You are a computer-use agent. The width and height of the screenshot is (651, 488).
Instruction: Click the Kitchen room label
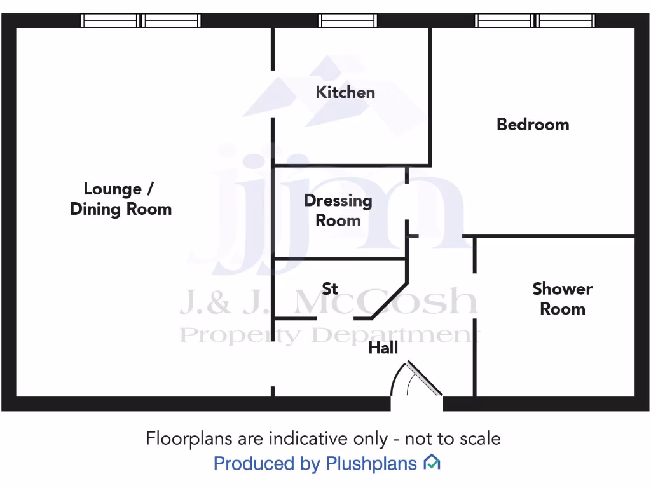[x=345, y=92]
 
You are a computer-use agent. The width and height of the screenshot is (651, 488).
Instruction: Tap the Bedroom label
[x=533, y=124]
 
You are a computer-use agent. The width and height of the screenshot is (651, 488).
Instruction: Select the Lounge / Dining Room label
[x=121, y=199]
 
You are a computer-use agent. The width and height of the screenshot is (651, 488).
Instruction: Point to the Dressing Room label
[x=338, y=210]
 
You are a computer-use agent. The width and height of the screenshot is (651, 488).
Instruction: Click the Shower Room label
[x=562, y=299]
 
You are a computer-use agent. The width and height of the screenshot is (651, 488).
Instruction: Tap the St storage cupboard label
[x=330, y=289]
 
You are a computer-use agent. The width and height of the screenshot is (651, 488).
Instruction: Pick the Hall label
[x=383, y=348]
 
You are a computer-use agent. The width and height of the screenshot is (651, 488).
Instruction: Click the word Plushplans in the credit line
[x=371, y=464]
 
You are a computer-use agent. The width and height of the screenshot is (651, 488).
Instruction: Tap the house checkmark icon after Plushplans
[x=432, y=463]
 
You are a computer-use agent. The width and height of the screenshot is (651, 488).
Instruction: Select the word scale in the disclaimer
[x=480, y=438]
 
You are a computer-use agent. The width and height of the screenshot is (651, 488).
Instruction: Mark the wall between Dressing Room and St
[x=340, y=259]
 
